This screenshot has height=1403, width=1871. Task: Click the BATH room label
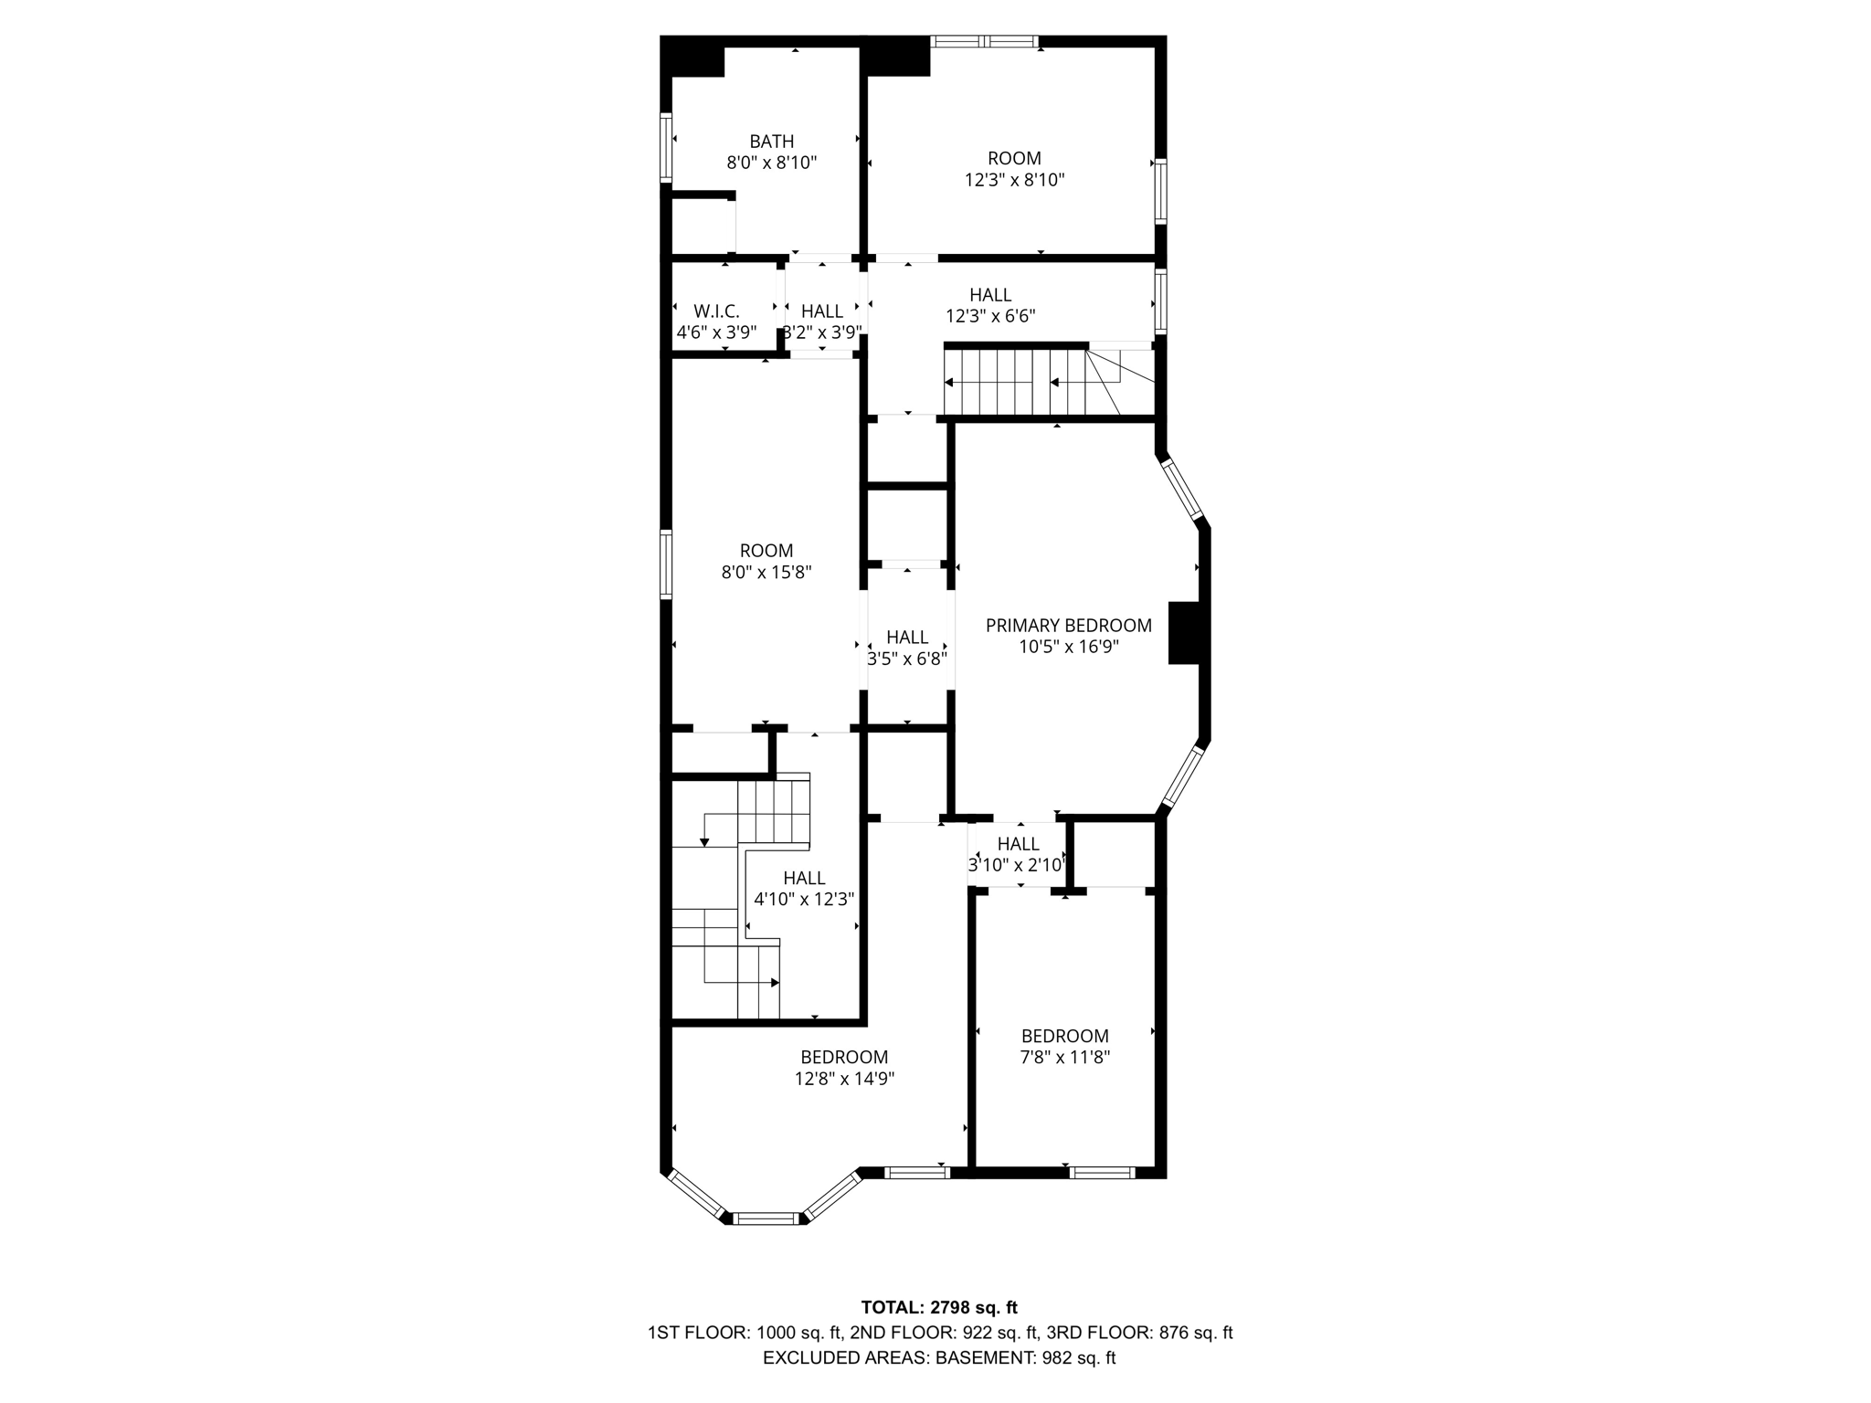771,142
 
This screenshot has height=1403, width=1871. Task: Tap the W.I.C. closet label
716,311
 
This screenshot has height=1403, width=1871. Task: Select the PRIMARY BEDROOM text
1068,626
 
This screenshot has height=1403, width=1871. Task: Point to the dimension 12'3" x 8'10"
1014,180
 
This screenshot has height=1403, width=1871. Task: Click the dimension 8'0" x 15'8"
766,573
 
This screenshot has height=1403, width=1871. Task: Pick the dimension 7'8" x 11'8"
1064,1058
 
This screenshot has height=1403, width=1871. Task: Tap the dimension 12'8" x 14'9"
843,1079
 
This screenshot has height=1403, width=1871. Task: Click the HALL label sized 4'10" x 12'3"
804,878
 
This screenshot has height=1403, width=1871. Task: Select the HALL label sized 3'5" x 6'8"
906,637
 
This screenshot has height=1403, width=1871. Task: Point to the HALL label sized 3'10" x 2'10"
1018,844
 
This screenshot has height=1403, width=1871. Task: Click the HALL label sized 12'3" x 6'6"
990,295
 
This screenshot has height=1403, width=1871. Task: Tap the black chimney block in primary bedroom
1184,632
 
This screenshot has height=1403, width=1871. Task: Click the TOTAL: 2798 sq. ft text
939,1308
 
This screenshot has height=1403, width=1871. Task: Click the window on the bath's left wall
666,147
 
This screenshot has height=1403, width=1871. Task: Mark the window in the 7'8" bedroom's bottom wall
1102,1173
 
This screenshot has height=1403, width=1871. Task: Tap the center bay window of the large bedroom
766,1218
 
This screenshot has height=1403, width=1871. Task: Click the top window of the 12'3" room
984,41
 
